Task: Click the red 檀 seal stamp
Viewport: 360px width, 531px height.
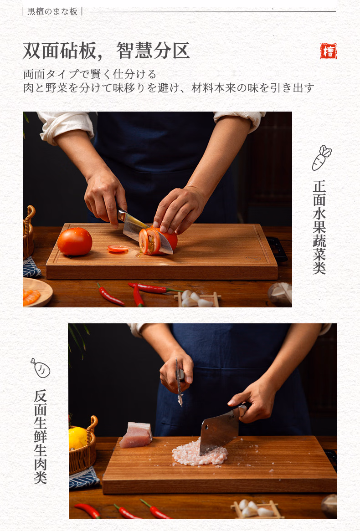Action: pos(328,51)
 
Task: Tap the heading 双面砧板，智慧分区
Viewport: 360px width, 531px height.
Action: pos(106,51)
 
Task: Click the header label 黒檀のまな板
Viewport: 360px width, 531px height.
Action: pos(52,11)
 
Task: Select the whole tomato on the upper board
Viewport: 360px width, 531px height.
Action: pos(75,241)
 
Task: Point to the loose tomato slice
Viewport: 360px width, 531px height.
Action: pos(118,248)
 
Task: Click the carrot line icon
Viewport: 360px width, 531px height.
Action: pos(321,158)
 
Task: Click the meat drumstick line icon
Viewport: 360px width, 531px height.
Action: pos(40,368)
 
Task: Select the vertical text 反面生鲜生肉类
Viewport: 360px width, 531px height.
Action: pos(40,436)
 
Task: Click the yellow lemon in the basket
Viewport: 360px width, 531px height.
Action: pos(77,438)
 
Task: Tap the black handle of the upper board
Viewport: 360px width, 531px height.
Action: pos(278,248)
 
